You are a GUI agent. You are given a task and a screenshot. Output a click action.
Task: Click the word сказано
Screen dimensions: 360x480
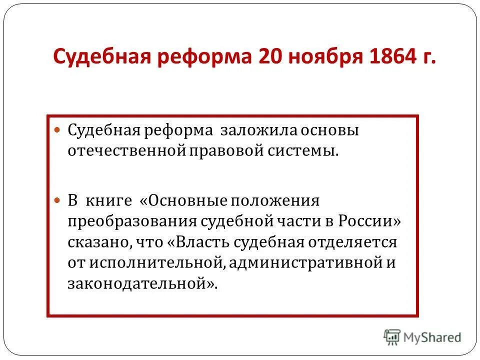click(99, 242)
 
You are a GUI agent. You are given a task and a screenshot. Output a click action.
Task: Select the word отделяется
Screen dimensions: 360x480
click(353, 242)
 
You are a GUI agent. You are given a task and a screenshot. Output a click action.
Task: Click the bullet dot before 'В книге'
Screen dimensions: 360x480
click(57, 199)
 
